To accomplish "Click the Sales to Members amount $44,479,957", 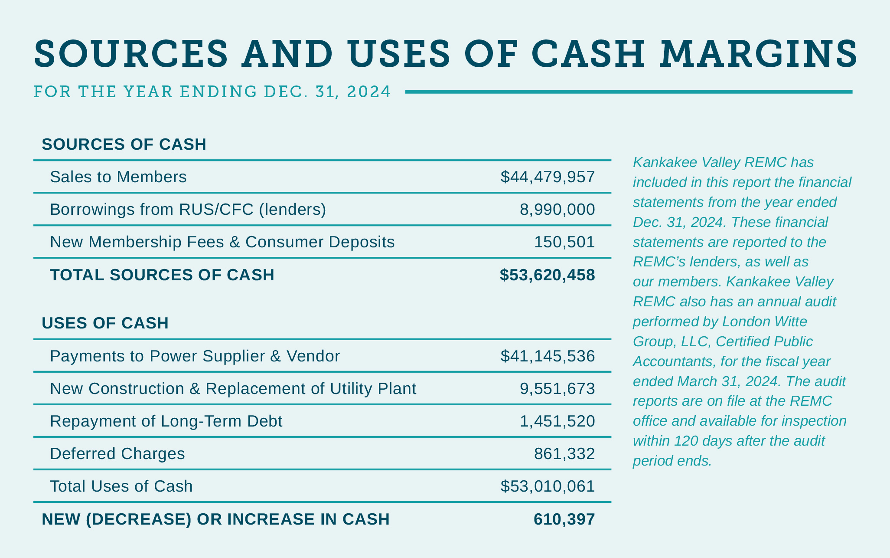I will [548, 177].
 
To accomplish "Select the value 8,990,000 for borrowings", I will [557, 210].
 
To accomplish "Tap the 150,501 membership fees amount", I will [564, 242].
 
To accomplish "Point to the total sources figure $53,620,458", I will [547, 275].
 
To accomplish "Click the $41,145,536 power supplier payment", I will [548, 356].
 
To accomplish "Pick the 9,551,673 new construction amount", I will [557, 389].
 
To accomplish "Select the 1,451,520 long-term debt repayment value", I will [557, 421].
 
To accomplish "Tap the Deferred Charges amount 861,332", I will [564, 454].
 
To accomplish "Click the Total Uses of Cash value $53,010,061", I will [548, 486].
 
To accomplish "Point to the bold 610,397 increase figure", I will [564, 519].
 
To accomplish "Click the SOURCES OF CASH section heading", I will [124, 144].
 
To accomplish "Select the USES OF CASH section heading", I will [105, 323].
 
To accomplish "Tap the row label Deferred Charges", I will [117, 454].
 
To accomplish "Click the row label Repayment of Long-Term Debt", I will [166, 421].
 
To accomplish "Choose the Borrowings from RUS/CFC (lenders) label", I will [188, 210].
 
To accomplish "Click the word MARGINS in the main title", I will [759, 54].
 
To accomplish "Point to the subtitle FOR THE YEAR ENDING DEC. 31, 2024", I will [212, 92].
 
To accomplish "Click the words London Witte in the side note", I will [763, 322].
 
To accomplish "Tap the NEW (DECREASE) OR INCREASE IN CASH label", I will [215, 519].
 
